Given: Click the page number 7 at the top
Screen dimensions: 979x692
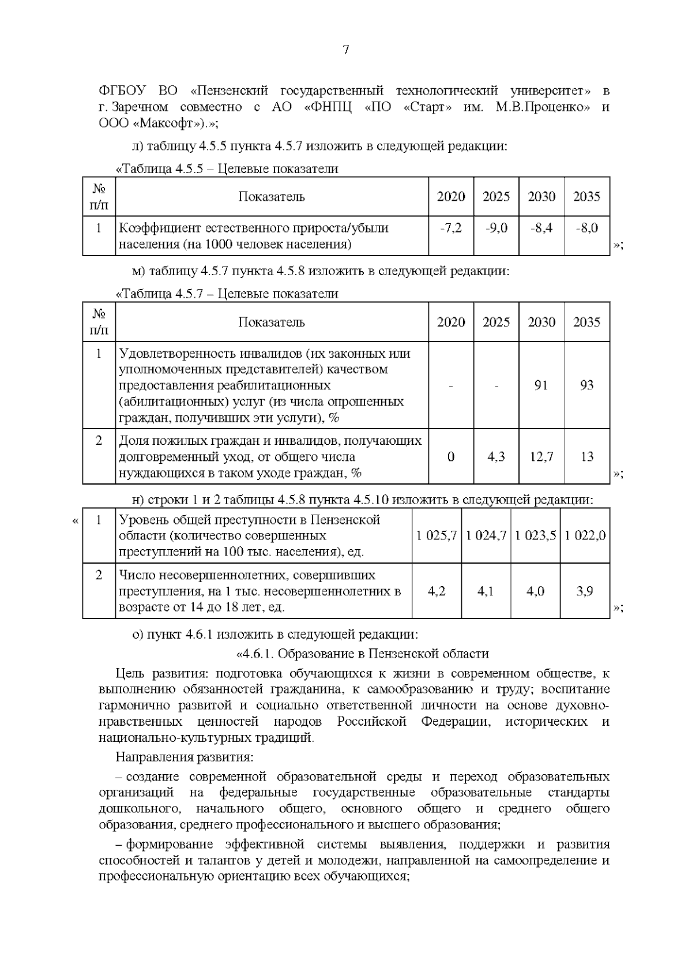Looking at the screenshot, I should pyautogui.click(x=346, y=50).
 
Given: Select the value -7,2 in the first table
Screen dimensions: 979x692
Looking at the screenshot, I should pyautogui.click(x=450, y=228).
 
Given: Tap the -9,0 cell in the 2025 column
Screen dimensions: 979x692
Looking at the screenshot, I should pyautogui.click(x=496, y=228).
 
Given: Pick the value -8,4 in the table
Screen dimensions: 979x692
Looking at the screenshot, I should pyautogui.click(x=541, y=228).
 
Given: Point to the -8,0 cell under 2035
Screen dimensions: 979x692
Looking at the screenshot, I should pyautogui.click(x=586, y=228).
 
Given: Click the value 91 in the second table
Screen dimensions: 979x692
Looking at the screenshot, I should pyautogui.click(x=541, y=385).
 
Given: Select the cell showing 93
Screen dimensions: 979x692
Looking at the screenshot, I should pyautogui.click(x=586, y=385).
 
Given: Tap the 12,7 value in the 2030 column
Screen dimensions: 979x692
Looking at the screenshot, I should pyautogui.click(x=541, y=457).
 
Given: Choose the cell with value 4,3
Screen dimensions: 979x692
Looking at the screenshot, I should pyautogui.click(x=496, y=457).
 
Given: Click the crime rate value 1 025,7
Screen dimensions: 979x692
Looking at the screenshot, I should pyautogui.click(x=437, y=536).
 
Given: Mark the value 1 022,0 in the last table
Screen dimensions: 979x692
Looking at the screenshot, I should pyautogui.click(x=585, y=536).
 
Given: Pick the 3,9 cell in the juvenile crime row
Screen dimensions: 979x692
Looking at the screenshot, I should pyautogui.click(x=585, y=591).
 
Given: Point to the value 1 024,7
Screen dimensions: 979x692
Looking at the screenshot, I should pyautogui.click(x=486, y=536).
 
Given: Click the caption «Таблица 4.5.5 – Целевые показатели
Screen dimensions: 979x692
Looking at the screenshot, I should pyautogui.click(x=227, y=169).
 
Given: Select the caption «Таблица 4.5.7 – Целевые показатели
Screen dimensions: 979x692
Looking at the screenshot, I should pyautogui.click(x=227, y=294).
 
